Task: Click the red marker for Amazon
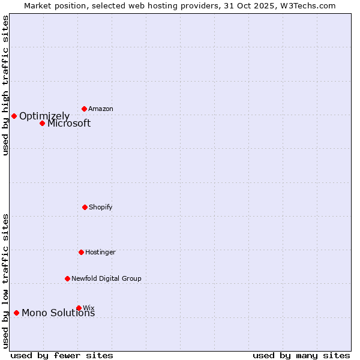pos(84,109)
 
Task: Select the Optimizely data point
pos(14,116)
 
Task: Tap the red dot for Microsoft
pos(42,123)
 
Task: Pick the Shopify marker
pos(85,207)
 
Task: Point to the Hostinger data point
pos(81,252)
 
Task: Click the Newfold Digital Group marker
pos(67,278)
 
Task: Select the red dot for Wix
pos(79,308)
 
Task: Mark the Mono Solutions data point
pos(16,313)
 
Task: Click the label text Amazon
pos(101,109)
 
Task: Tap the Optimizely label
pos(44,116)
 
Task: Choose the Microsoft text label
pos(69,123)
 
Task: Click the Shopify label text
pos(101,207)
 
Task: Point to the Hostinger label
pos(100,252)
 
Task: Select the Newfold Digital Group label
pos(106,278)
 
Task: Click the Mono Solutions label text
pos(58,313)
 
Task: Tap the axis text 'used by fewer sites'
pos(62,355)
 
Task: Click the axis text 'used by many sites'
pos(301,355)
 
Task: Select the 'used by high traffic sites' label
pos(5,85)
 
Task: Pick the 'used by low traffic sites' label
pos(5,281)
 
